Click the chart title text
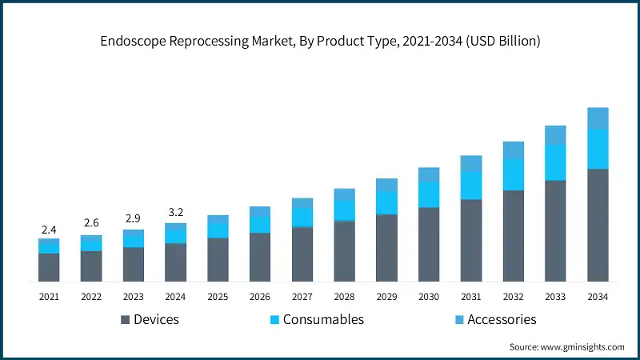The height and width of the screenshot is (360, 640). point(320,41)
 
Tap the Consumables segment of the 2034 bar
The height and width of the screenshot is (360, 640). point(598,149)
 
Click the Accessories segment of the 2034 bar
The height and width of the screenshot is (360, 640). point(598,118)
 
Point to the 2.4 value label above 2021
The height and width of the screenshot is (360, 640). point(49,230)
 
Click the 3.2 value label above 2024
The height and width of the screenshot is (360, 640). point(175,213)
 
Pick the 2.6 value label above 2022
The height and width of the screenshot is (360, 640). point(91,224)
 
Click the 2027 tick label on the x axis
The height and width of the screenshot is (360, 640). point(302,297)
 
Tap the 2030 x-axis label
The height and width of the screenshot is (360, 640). point(429,297)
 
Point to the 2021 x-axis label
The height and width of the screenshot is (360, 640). point(49,297)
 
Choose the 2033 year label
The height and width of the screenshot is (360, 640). point(555,297)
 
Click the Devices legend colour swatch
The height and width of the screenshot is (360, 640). point(125,320)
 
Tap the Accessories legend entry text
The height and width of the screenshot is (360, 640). point(502,319)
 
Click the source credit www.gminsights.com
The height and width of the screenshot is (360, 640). point(566,346)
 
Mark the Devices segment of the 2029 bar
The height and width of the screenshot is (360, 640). point(386,248)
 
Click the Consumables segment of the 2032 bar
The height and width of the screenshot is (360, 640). point(513,174)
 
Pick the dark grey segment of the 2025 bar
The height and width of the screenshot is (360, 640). point(218,259)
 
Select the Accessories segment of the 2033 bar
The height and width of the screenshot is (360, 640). point(555,135)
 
